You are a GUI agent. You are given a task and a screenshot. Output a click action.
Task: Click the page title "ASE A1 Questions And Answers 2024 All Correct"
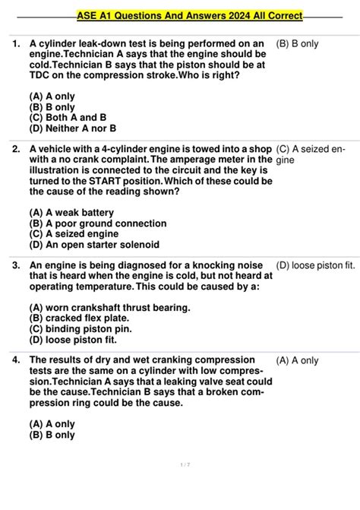tap(190, 15)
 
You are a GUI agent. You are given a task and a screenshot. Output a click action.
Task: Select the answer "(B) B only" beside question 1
tap(298, 44)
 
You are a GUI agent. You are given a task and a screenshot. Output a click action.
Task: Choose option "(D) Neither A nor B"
tap(72, 128)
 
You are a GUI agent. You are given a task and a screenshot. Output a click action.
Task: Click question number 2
tap(16, 150)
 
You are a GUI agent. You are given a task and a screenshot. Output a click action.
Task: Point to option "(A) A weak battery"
tap(71, 213)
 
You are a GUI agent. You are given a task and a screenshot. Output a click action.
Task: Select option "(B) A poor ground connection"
tap(97, 223)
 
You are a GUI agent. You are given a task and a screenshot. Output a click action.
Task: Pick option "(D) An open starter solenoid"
tap(94, 245)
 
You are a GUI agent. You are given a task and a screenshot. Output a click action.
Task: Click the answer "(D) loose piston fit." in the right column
tap(316, 265)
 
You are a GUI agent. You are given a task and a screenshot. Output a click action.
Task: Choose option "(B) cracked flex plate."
tap(81, 318)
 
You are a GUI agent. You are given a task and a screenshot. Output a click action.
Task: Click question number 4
tap(16, 360)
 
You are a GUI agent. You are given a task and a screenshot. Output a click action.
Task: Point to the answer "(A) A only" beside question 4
tap(298, 360)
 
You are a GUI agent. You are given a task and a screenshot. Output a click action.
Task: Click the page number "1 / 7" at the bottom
tap(180, 464)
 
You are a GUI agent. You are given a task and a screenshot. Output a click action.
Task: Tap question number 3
tap(16, 265)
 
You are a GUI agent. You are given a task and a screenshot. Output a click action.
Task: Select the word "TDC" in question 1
tap(40, 76)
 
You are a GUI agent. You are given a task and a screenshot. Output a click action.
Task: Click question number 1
tap(16, 44)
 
